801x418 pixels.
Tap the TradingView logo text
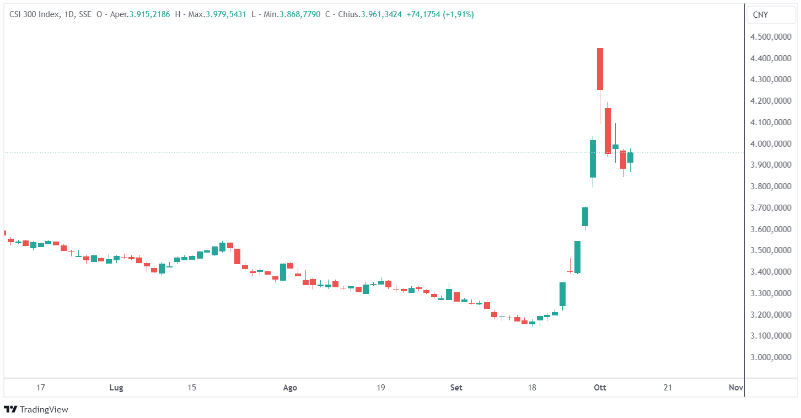44,409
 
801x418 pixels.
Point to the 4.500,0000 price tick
769,37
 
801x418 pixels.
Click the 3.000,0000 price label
769,357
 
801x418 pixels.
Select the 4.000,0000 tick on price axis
769,144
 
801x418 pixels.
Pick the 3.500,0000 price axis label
769,250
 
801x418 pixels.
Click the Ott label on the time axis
600,388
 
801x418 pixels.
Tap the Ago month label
290,388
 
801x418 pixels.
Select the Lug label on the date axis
116,388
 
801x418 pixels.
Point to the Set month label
456,388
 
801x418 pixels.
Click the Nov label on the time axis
736,388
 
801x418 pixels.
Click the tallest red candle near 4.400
600,69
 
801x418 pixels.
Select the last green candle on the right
630,157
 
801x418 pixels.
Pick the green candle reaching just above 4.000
593,158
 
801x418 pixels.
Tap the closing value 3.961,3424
381,14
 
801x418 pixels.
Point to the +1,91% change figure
459,14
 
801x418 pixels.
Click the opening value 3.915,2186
150,14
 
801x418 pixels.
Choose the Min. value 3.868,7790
300,14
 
